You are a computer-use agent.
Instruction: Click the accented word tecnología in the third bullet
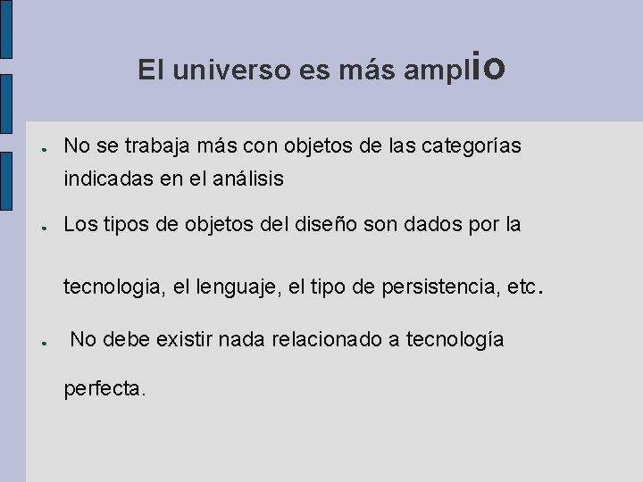(455, 339)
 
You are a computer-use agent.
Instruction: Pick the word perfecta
(103, 389)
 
